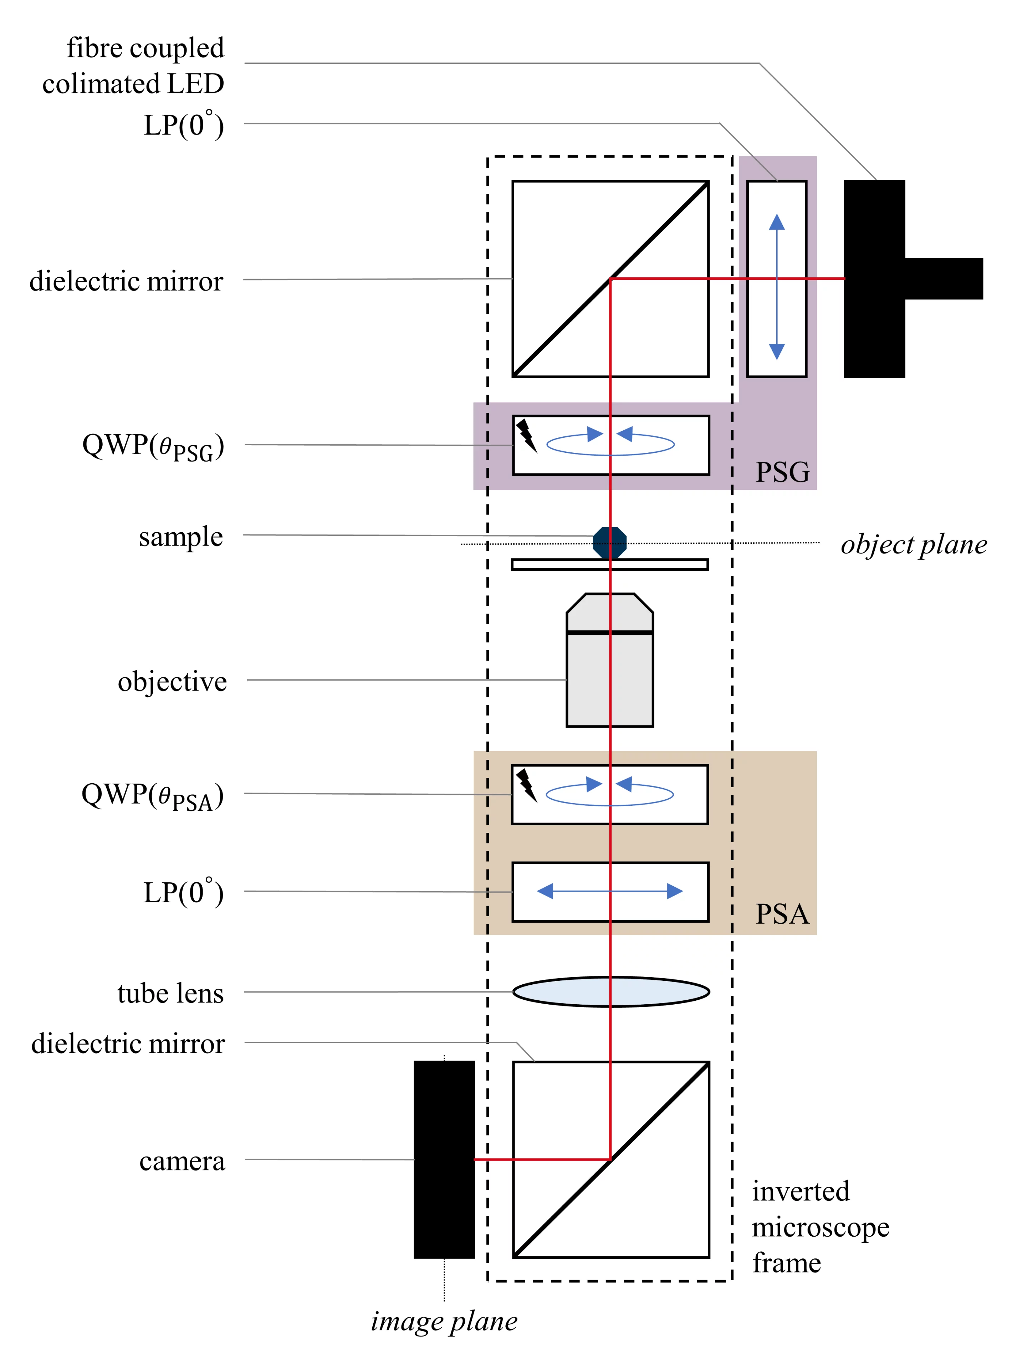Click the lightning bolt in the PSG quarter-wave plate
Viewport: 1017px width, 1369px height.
click(x=526, y=436)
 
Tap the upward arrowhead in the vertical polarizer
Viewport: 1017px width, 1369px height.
click(x=777, y=222)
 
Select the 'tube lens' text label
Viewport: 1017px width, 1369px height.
click(x=170, y=993)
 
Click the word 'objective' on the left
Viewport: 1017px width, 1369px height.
click(x=172, y=681)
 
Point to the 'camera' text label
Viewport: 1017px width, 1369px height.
click(x=182, y=1161)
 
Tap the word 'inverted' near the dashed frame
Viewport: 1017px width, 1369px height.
click(x=800, y=1191)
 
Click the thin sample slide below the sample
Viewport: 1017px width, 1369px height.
click(x=609, y=564)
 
